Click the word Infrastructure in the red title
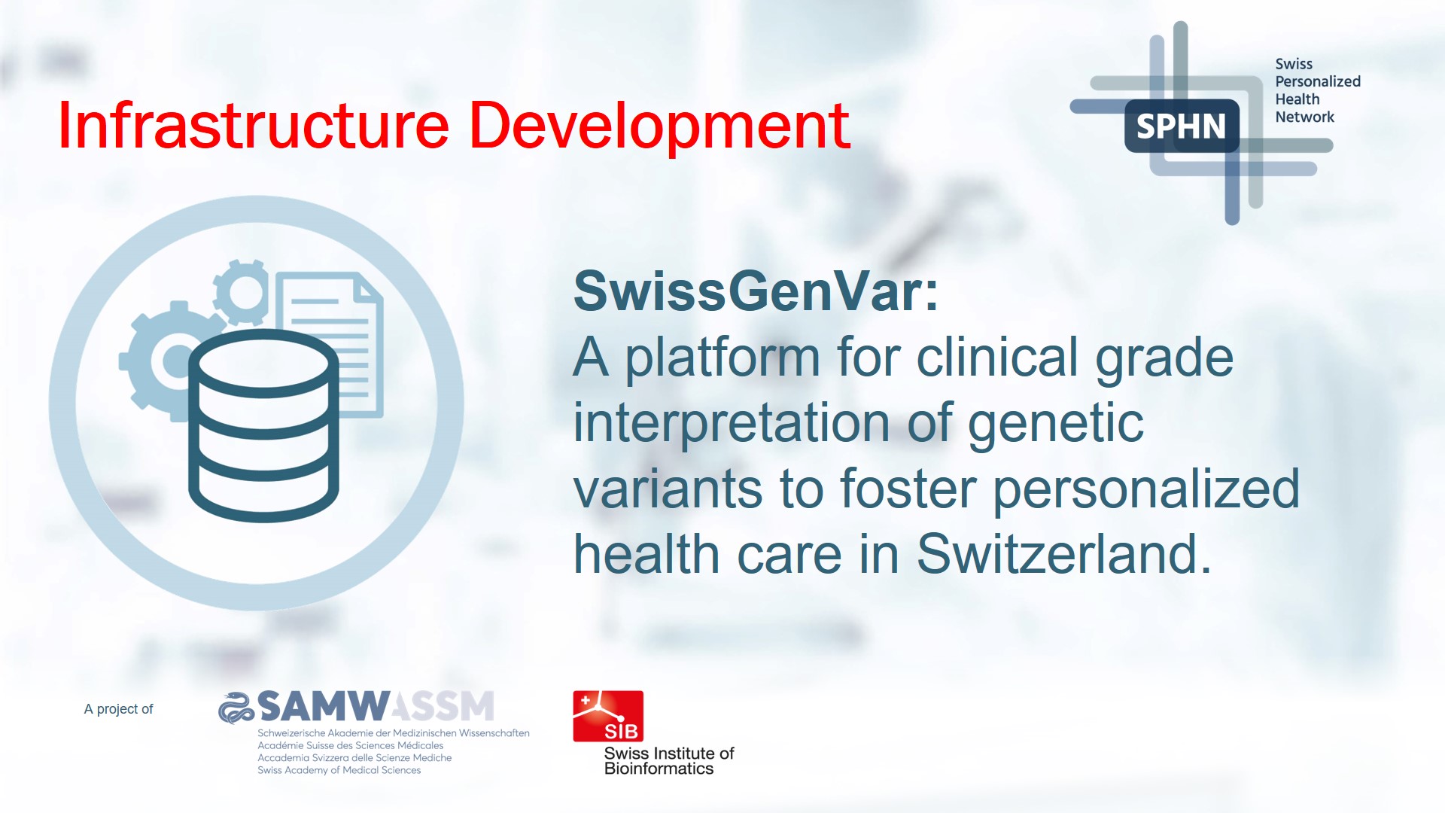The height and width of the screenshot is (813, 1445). pyautogui.click(x=253, y=126)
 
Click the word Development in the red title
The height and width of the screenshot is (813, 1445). pyautogui.click(x=659, y=126)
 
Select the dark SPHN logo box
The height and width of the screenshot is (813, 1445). pyautogui.click(x=1181, y=126)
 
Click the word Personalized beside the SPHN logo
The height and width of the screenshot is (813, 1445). pyautogui.click(x=1317, y=81)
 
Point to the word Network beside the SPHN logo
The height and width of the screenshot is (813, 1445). pyautogui.click(x=1304, y=117)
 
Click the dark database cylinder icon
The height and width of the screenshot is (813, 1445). pyautogui.click(x=263, y=425)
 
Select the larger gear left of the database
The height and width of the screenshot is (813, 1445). pyautogui.click(x=154, y=361)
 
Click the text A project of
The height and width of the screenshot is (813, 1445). pyautogui.click(x=118, y=709)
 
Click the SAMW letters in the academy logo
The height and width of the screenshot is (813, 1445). pyautogui.click(x=324, y=707)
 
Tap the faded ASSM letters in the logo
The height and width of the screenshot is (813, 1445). pyautogui.click(x=444, y=707)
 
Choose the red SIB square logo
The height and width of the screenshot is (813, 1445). pyautogui.click(x=608, y=716)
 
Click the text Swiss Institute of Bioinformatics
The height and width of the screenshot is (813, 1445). pyautogui.click(x=668, y=761)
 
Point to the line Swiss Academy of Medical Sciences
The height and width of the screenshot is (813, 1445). pyautogui.click(x=339, y=770)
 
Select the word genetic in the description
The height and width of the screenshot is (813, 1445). pyautogui.click(x=1055, y=423)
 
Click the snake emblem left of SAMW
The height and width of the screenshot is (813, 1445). pyautogui.click(x=236, y=708)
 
